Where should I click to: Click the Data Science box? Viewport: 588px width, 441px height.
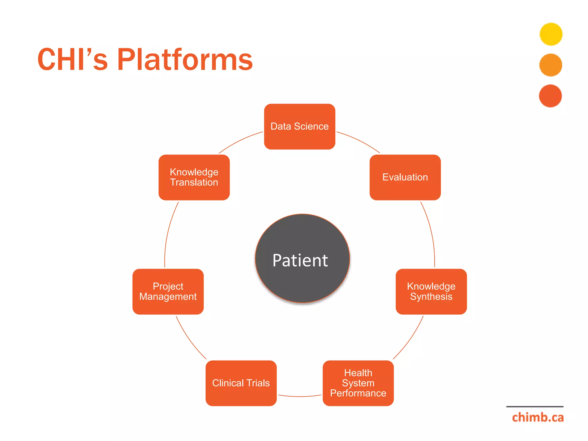tap(299, 127)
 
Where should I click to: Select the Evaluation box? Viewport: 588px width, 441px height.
tap(405, 177)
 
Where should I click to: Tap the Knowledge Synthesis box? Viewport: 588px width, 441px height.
tap(431, 291)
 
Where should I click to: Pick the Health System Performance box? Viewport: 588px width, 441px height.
tap(358, 383)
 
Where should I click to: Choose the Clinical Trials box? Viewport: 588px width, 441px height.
tap(241, 383)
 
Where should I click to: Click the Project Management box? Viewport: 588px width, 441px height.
tap(168, 291)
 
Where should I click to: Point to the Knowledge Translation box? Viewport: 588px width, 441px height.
tap(194, 177)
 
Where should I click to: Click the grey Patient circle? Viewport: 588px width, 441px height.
tap(302, 258)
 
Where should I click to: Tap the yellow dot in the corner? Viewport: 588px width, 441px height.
tap(551, 34)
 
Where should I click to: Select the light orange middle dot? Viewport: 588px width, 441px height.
tap(550, 65)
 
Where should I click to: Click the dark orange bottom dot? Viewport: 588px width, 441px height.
tap(550, 96)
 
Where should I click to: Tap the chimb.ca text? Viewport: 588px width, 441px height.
tap(537, 417)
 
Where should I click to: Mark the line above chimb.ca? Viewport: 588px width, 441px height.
tap(535, 407)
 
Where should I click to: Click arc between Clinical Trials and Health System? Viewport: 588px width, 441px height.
tap(299, 396)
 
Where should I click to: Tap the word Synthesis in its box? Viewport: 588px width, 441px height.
tap(431, 297)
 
